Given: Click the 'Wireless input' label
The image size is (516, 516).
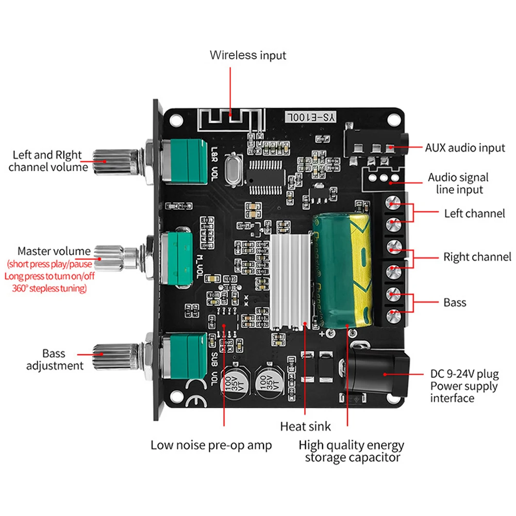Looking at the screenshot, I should click(x=247, y=55).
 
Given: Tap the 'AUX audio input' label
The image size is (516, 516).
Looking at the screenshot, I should click(x=464, y=148).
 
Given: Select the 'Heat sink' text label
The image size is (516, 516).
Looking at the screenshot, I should click(x=305, y=426).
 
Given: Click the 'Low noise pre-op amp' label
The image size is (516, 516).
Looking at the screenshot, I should click(x=211, y=445).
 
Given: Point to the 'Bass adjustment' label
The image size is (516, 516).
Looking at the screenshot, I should click(x=54, y=360).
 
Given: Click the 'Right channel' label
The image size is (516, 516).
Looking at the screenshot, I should click(x=477, y=257).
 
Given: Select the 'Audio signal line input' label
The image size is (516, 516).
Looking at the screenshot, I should click(x=458, y=184).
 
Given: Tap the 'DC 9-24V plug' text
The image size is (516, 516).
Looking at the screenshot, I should click(x=464, y=374).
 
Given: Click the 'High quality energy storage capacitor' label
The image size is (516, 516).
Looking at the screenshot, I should click(x=352, y=451).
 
